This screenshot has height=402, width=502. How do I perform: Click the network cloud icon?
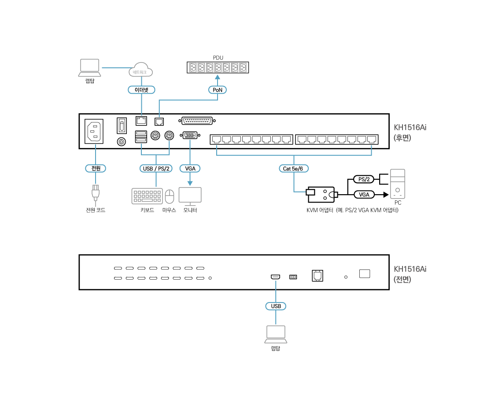[141, 70]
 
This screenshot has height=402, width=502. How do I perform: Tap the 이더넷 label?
[141, 90]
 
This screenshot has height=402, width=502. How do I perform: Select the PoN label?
[217, 90]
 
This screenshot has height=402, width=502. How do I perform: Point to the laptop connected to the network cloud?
[89, 68]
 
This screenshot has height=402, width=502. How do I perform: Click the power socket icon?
[94, 131]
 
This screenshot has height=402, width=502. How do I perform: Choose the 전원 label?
[96, 168]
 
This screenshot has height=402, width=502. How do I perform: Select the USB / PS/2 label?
[156, 168]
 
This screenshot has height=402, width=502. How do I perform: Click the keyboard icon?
[147, 196]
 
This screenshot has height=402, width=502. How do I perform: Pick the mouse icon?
[170, 196]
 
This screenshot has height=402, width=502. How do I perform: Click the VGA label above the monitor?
[190, 168]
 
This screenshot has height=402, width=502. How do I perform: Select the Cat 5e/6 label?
[294, 168]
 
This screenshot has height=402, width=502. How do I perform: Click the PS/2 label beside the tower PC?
[364, 179]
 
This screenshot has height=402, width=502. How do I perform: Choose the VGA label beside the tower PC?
[364, 195]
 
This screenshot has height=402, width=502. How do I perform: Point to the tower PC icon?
[398, 184]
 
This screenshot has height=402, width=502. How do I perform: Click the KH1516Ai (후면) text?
[410, 132]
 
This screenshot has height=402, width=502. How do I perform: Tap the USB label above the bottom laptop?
[276, 306]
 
